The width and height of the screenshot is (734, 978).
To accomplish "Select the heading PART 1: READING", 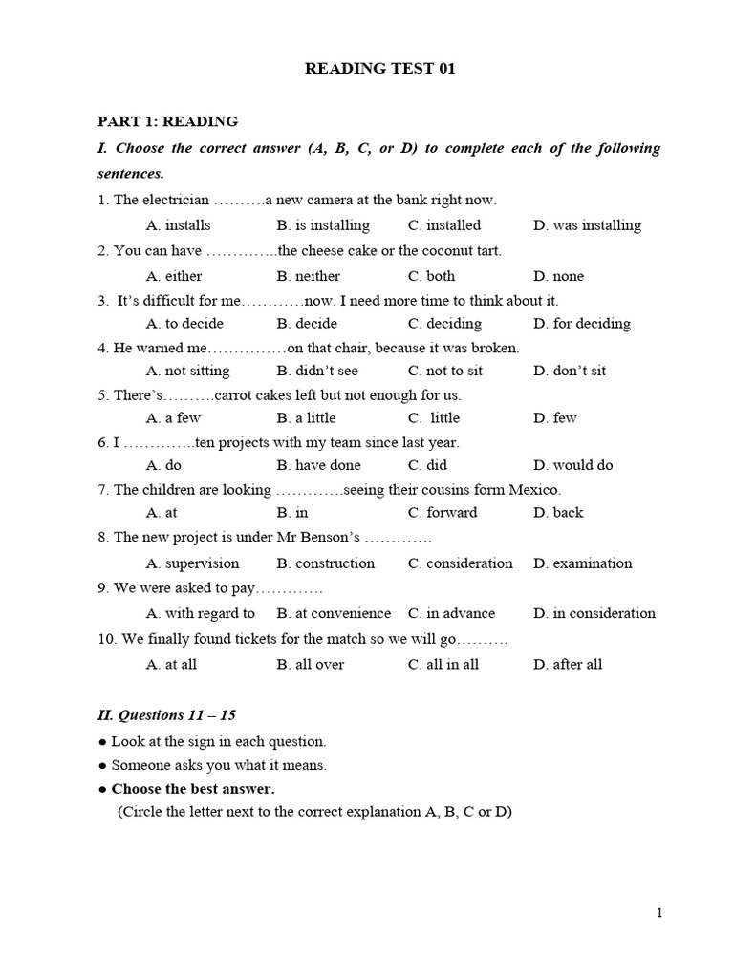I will click(x=167, y=121).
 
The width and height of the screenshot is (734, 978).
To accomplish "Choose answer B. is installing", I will click(x=323, y=225).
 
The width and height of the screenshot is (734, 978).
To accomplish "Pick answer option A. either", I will click(x=174, y=276).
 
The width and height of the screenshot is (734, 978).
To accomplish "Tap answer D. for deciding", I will click(x=582, y=324).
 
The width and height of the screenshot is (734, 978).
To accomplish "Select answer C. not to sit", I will click(x=444, y=371).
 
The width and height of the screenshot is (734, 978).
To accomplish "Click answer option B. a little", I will click(x=306, y=417).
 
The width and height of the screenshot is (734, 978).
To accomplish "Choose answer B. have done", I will click(x=318, y=465).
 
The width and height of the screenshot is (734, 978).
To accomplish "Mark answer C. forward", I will click(x=442, y=513).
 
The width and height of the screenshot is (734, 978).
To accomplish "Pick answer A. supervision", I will click(x=192, y=563).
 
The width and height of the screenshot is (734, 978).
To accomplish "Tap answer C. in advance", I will click(x=451, y=613).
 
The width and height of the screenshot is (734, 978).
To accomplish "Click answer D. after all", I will click(x=568, y=664).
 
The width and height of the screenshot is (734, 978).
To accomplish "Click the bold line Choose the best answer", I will click(x=192, y=789).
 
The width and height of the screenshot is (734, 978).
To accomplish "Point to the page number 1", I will click(x=659, y=913).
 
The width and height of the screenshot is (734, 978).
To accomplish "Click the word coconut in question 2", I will click(x=430, y=250).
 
